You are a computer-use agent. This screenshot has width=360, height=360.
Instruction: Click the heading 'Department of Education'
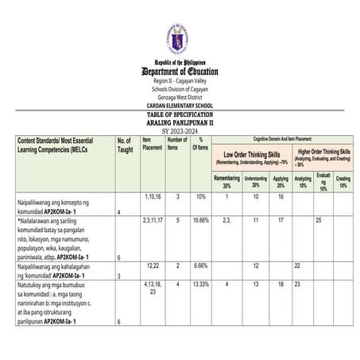(180, 72)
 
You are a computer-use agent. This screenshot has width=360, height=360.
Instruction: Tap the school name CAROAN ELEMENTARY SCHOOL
(180, 106)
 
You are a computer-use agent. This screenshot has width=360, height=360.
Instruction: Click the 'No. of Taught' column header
(126, 145)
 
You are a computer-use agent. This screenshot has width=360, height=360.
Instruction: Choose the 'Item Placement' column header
(152, 144)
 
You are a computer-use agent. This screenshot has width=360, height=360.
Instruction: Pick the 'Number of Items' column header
(177, 144)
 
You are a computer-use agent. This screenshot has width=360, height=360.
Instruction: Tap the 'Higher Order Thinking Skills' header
(324, 153)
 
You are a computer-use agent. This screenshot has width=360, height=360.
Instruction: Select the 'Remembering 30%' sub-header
(227, 182)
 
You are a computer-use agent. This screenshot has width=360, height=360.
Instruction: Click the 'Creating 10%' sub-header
(343, 182)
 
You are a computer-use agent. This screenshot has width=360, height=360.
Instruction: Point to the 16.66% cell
(201, 219)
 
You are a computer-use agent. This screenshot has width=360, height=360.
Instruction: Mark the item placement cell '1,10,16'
(153, 195)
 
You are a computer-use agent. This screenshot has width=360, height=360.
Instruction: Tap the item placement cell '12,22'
(152, 265)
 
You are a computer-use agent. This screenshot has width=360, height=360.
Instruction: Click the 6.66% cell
(201, 265)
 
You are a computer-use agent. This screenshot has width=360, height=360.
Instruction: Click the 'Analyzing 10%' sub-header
(304, 182)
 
